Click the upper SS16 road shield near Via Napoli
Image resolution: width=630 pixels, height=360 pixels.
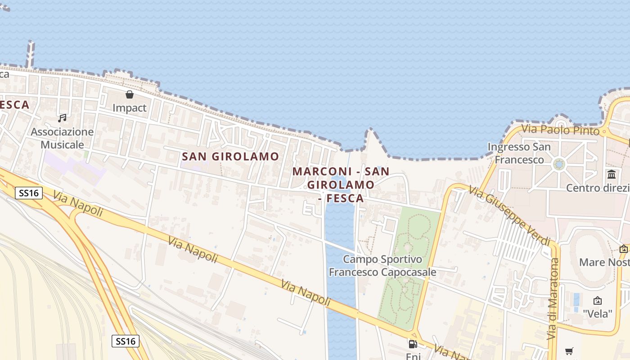click(x=29, y=193)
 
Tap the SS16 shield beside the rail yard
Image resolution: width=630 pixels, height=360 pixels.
click(x=126, y=341)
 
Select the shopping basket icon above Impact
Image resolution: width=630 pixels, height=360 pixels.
click(x=130, y=94)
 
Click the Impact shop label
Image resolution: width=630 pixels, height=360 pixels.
click(x=130, y=108)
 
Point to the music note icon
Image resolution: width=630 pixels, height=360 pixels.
click(x=62, y=118)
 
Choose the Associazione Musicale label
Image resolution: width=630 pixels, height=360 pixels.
click(x=62, y=138)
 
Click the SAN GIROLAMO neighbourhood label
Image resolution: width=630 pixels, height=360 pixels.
click(x=230, y=157)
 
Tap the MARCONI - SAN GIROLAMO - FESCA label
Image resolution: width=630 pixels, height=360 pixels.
click(x=341, y=184)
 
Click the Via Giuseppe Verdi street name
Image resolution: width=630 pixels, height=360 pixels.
click(x=509, y=216)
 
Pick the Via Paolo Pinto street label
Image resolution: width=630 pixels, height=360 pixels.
click(x=560, y=130)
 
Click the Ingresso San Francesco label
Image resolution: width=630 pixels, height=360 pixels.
click(x=519, y=153)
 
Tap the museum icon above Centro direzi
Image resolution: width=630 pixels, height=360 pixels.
click(x=612, y=174)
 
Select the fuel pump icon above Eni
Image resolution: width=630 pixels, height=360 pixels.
click(x=413, y=344)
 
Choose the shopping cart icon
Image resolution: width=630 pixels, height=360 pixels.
click(x=569, y=351)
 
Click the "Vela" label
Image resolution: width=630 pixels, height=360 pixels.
click(x=598, y=313)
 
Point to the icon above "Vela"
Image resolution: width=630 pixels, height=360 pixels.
click(x=598, y=301)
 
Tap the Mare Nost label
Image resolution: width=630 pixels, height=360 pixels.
click(x=604, y=262)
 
